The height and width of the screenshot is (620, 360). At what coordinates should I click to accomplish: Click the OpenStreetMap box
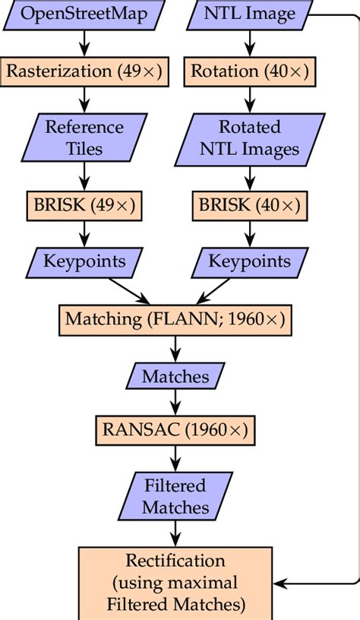(84, 14)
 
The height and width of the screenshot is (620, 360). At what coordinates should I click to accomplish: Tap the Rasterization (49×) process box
(85, 71)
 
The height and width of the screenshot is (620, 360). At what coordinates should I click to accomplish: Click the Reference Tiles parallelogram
(84, 138)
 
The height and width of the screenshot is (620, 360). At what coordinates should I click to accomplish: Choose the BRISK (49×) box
(84, 205)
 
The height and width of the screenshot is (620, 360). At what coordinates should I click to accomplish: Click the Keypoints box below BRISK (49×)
(84, 261)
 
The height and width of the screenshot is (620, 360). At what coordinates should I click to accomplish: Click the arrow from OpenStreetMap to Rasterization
(84, 43)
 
